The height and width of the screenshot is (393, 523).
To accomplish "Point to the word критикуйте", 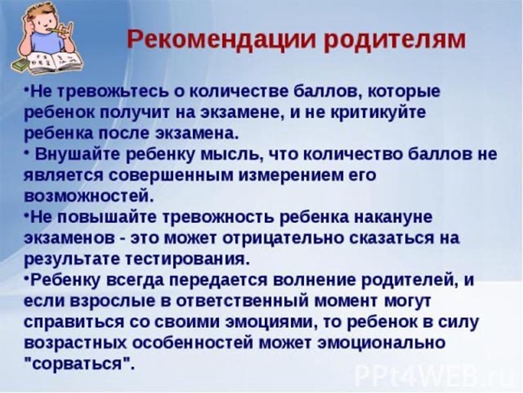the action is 378,113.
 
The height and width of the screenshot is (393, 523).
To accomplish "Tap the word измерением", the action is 291,175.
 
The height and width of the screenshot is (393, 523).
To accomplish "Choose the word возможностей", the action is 88,196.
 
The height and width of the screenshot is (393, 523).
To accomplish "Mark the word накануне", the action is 392,218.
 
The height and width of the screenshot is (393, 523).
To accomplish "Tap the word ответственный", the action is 242,301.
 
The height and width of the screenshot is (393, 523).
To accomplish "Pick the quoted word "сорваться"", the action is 80,364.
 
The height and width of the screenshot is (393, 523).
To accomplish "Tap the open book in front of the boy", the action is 54,62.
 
